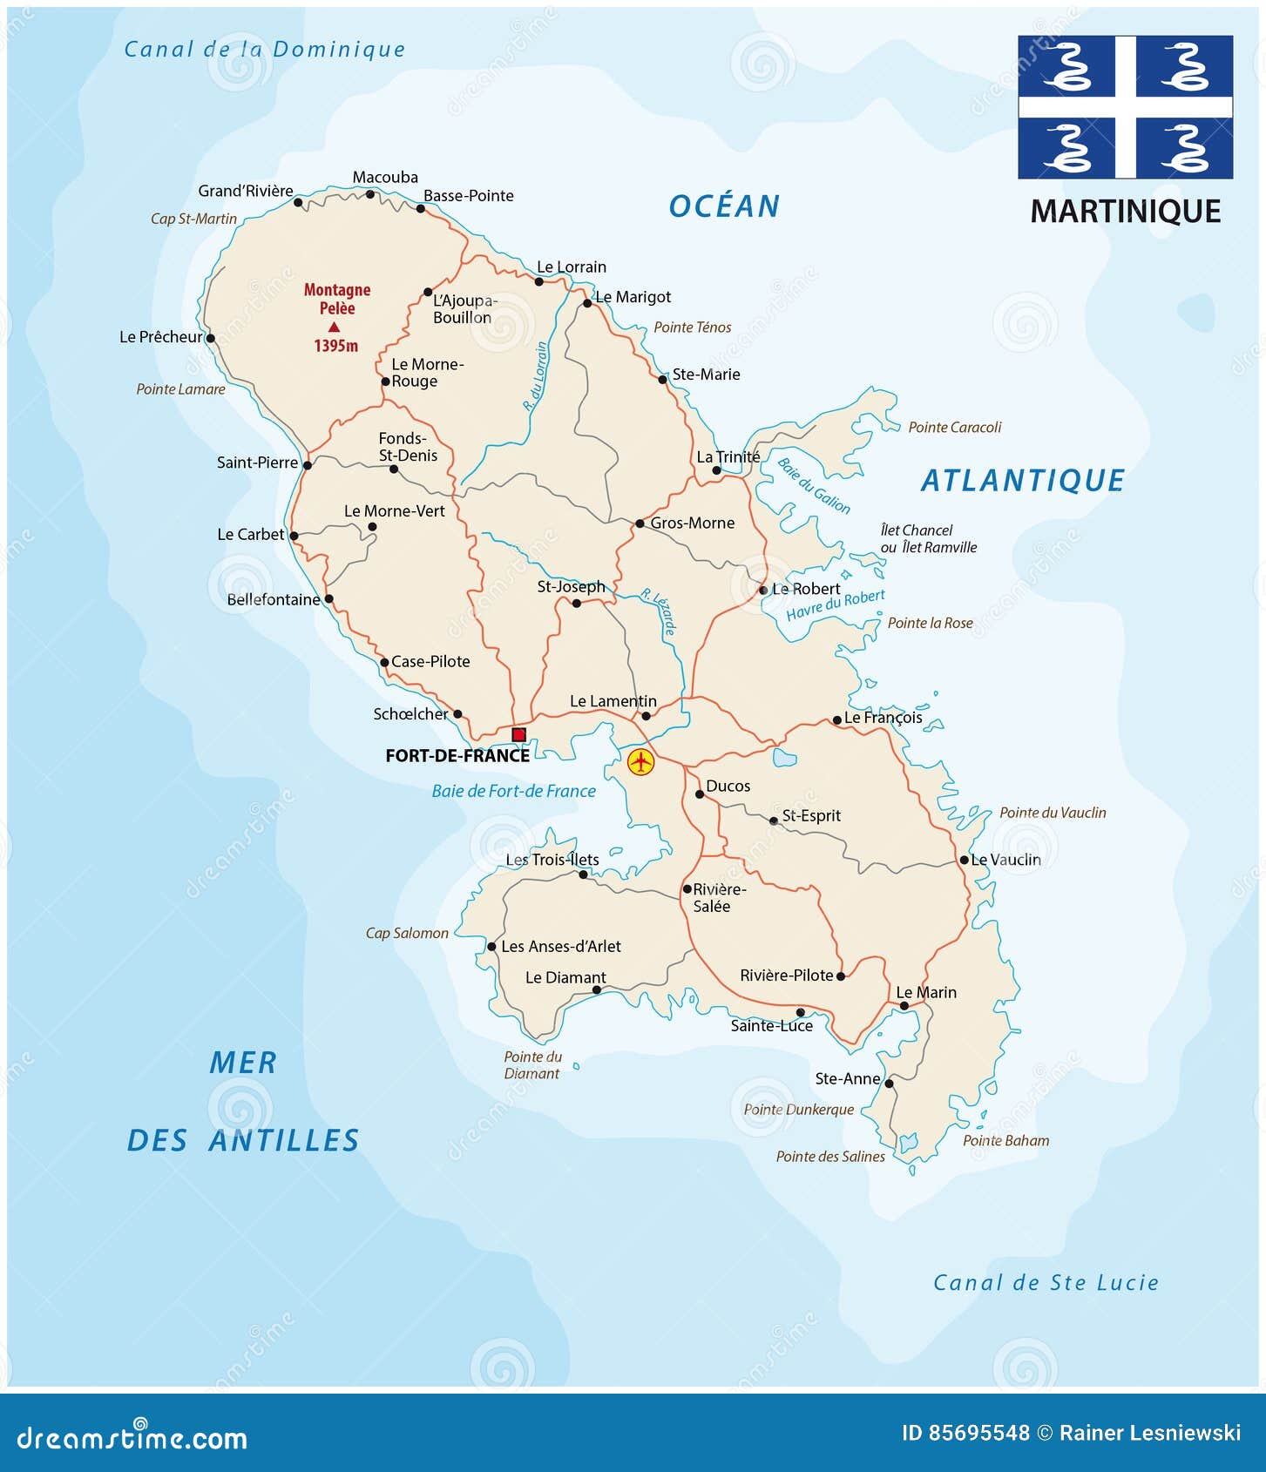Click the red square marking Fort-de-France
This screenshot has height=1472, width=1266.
point(518,734)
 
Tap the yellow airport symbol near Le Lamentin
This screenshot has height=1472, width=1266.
point(640,762)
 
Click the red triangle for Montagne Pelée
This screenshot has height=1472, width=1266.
point(334,327)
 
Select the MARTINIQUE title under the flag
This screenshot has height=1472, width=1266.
point(1125,212)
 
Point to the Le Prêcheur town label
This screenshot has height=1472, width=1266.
point(160,337)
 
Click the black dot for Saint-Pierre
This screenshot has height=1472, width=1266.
point(307,465)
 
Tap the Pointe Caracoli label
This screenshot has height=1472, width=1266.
point(954,428)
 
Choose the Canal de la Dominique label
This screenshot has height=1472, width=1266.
point(264,50)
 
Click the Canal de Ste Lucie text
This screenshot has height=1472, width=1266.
point(1045,1282)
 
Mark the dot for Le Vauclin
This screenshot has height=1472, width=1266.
point(964,860)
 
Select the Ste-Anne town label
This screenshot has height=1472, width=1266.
point(847,1078)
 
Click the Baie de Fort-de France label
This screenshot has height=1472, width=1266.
point(513,791)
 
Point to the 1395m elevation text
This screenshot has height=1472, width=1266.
point(335,346)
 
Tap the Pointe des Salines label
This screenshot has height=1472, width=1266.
point(829,1157)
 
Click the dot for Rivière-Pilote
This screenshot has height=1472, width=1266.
point(840,976)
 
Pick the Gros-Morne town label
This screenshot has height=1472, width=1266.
point(692,523)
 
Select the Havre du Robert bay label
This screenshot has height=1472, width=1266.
point(835,604)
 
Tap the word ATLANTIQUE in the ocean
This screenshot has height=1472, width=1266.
point(1022,481)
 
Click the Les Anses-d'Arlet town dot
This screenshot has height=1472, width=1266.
point(491,947)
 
